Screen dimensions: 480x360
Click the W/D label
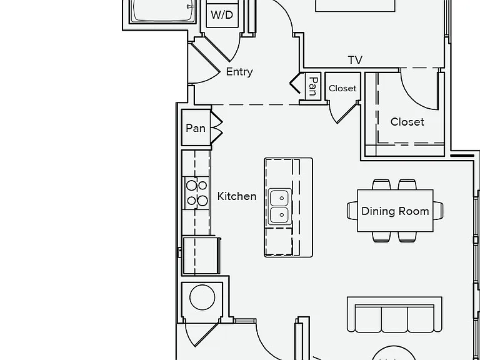click(222, 15)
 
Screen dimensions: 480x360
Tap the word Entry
click(239, 72)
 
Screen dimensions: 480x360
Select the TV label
click(355, 60)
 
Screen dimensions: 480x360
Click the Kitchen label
click(237, 196)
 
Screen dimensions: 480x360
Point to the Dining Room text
click(395, 211)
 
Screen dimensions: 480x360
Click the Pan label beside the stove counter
click(196, 128)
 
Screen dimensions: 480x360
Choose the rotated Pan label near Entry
click(313, 86)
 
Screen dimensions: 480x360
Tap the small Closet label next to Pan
click(342, 89)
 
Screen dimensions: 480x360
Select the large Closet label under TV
click(407, 122)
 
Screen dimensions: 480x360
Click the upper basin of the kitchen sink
click(279, 197)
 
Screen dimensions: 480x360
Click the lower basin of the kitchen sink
click(279, 215)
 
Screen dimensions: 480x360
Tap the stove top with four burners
click(196, 193)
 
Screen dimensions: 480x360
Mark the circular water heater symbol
click(202, 297)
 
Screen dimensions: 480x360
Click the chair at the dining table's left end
click(352, 211)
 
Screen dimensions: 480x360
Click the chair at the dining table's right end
click(438, 211)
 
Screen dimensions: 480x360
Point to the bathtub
click(162, 11)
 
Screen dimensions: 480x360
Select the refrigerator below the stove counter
click(201, 255)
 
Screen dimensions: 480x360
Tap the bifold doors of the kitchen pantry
click(216, 127)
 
